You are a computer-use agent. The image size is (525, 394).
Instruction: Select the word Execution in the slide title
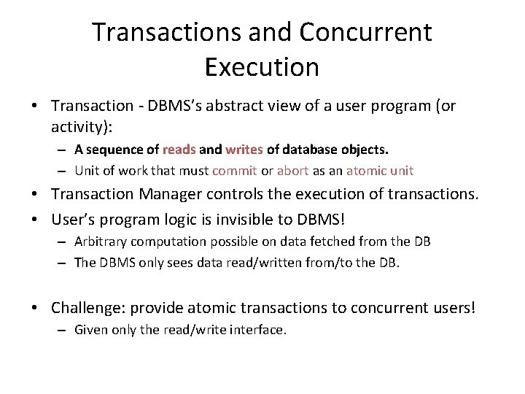(x=262, y=67)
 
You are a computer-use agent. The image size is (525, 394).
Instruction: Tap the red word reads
(x=179, y=150)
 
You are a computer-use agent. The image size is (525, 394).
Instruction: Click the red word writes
(x=244, y=150)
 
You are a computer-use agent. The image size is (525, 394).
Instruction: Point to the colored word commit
(x=234, y=171)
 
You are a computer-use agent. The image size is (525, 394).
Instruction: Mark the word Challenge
(x=85, y=308)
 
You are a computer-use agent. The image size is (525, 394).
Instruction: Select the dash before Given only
(x=64, y=330)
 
